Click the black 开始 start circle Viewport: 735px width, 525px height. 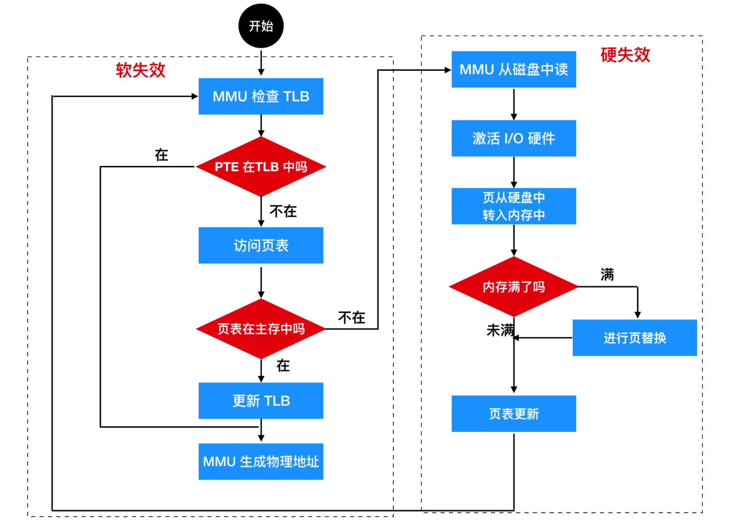tap(261, 26)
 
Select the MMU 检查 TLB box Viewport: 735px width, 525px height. tap(261, 96)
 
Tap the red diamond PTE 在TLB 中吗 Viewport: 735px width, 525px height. tap(261, 167)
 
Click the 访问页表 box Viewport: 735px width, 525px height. tap(261, 245)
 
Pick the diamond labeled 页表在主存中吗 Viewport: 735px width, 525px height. tap(261, 329)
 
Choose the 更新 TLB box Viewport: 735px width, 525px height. tap(261, 401)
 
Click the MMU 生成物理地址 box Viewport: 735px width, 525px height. tap(261, 461)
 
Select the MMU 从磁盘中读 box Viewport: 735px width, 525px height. tap(514, 69)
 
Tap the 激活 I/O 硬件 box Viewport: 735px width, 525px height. tap(514, 138)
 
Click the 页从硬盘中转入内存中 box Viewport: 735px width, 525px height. tap(514, 206)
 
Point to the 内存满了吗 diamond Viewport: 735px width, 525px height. tap(514, 287)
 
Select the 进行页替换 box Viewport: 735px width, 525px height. tap(635, 338)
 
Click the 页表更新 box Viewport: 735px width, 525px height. tap(514, 414)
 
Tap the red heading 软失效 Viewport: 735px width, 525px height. tap(140, 70)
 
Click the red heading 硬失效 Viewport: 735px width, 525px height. tap(625, 55)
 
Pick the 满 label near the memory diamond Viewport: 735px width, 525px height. tap(607, 275)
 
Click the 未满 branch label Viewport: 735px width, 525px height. tap(500, 330)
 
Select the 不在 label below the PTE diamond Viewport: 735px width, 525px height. tap(283, 212)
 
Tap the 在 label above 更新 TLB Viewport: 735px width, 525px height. tap(283, 365)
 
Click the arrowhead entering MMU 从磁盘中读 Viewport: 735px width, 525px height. tap(448, 70)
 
